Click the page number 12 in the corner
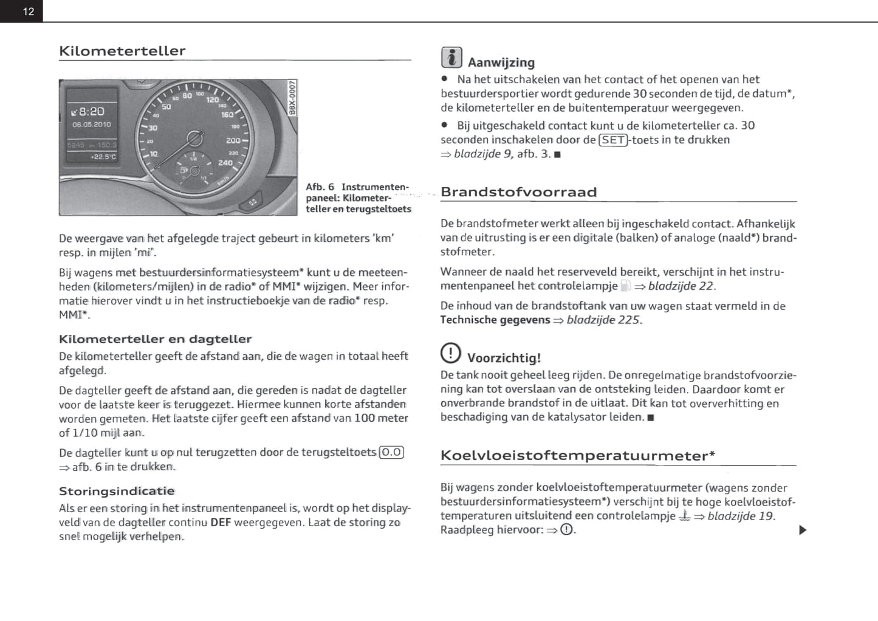pyautogui.click(x=29, y=12)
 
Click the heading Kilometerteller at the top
pyautogui.click(x=122, y=51)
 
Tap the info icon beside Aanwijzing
pyautogui.click(x=451, y=57)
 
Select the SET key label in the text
pyautogui.click(x=612, y=140)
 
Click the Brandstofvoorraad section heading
pyautogui.click(x=518, y=193)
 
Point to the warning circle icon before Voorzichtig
pyautogui.click(x=450, y=352)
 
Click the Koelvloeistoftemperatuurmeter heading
pyautogui.click(x=577, y=456)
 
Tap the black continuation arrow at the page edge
pyautogui.click(x=803, y=530)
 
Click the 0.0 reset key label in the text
pyautogui.click(x=391, y=453)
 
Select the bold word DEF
pyautogui.click(x=221, y=523)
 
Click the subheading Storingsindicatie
pyautogui.click(x=117, y=491)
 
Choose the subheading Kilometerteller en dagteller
pyautogui.click(x=155, y=339)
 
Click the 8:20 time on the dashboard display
pyautogui.click(x=91, y=112)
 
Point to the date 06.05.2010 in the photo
pyautogui.click(x=92, y=125)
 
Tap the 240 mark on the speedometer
pyautogui.click(x=225, y=163)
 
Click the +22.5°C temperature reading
pyautogui.click(x=103, y=157)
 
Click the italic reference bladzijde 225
pyautogui.click(x=603, y=320)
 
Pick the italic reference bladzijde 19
pyautogui.click(x=741, y=516)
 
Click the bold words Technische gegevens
pyautogui.click(x=495, y=320)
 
